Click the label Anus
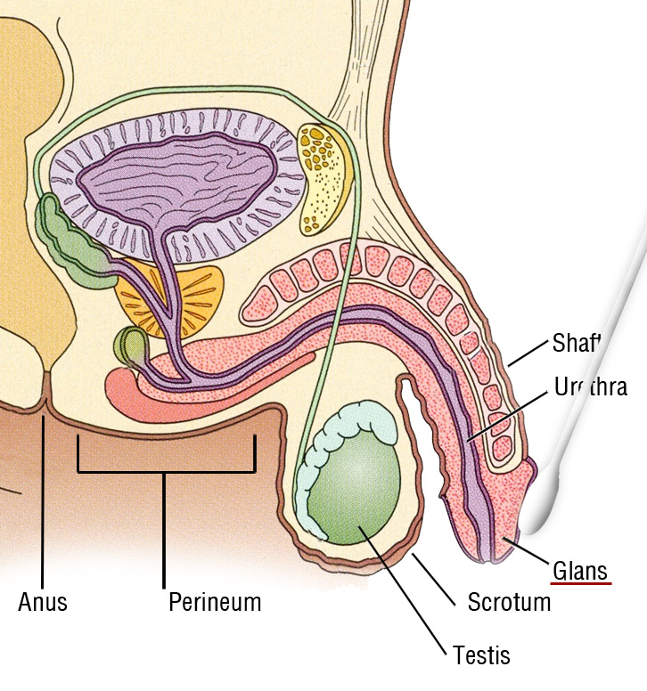[43, 603]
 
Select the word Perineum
[215, 603]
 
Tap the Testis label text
[481, 656]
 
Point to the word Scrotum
[509, 602]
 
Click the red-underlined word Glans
[579, 570]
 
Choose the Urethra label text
[590, 387]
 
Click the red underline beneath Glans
[581, 584]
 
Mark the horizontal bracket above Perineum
[166, 470]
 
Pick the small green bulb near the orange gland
[129, 345]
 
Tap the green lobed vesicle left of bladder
[76, 245]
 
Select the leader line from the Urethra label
[508, 414]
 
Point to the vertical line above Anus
[43, 499]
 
